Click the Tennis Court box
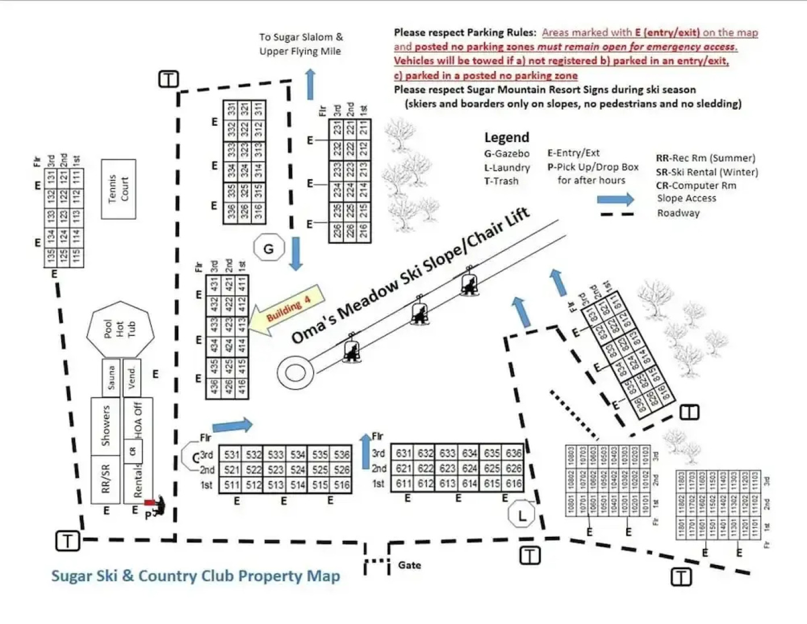click(x=118, y=189)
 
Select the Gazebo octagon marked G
click(x=269, y=248)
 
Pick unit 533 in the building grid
click(x=276, y=455)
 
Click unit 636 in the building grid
click(x=514, y=453)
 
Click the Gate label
click(x=409, y=565)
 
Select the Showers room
click(x=105, y=426)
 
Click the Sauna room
click(x=111, y=378)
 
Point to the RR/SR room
click(x=105, y=479)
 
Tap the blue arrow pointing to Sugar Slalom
click(x=310, y=84)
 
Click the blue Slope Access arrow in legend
click(x=615, y=199)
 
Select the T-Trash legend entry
click(x=501, y=181)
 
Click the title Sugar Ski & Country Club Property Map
click(x=195, y=576)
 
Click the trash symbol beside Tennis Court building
click(x=168, y=79)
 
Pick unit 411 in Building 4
click(x=243, y=284)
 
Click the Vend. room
click(x=132, y=378)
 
